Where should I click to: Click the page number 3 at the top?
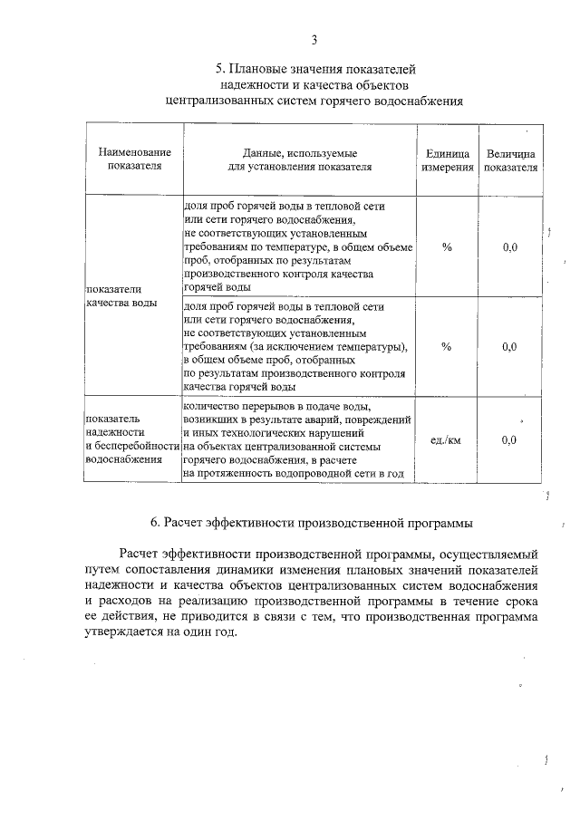pos(314,39)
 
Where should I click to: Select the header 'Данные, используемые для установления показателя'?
pos(299,160)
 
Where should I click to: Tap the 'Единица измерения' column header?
pos(447,160)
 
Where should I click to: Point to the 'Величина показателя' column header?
pos(509,160)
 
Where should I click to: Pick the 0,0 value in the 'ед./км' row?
pos(509,440)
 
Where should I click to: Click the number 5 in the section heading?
pos(219,68)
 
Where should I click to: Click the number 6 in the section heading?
pos(155,522)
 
